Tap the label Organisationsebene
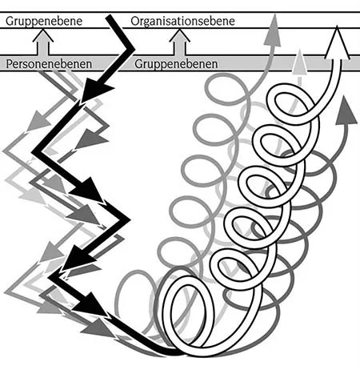coord(182,21)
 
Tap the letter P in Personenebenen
coord(10,62)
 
